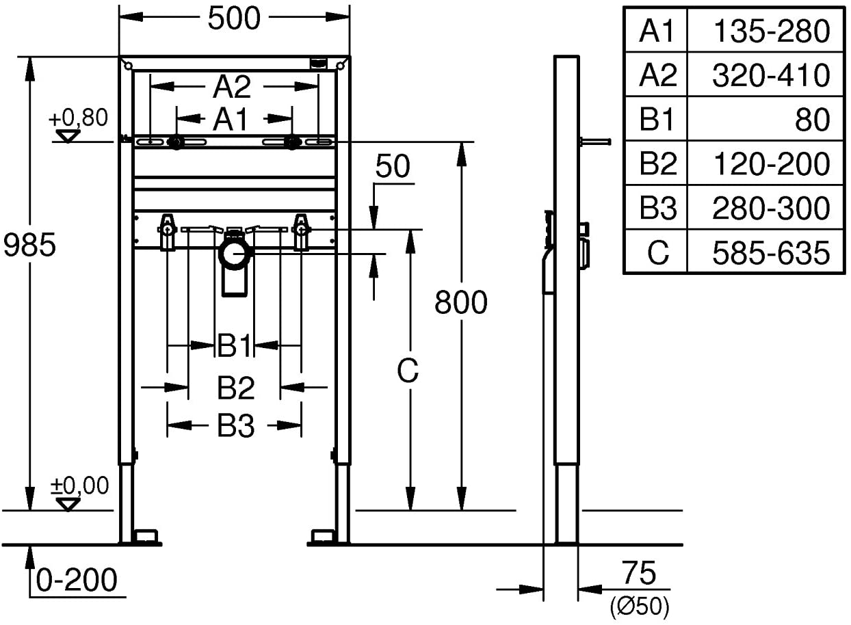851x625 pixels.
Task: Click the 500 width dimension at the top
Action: coord(234,18)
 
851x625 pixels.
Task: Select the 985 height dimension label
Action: coord(29,245)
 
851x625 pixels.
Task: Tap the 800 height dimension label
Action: coord(461,302)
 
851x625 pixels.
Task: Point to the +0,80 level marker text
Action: coord(78,118)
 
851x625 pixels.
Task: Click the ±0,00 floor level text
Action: coord(80,486)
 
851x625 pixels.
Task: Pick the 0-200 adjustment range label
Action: coord(77,579)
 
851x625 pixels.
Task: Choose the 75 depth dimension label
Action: coord(639,572)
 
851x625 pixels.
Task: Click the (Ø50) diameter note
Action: coord(640,607)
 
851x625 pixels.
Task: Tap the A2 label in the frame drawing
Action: coord(232,88)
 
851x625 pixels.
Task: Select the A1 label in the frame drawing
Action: coord(231,119)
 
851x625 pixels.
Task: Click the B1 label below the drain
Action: coord(235,345)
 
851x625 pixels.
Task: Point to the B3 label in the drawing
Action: coord(235,426)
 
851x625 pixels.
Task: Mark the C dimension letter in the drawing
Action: coord(408,371)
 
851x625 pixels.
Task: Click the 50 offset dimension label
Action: coord(393,166)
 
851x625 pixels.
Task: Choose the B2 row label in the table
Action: coord(658,163)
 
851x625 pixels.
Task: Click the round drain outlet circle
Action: coord(235,254)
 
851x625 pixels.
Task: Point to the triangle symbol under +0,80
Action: coord(68,135)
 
